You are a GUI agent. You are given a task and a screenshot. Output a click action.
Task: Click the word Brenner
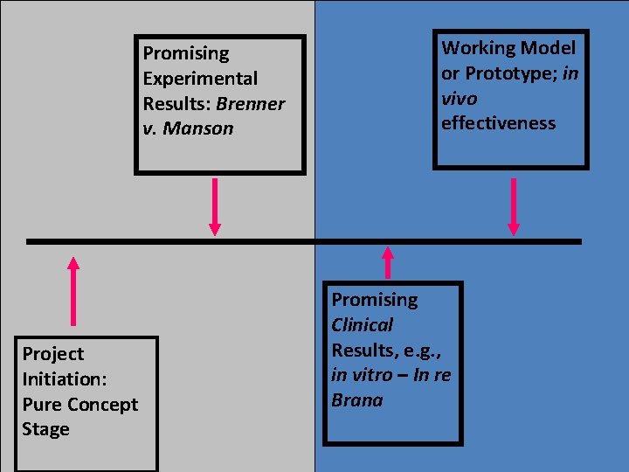250,104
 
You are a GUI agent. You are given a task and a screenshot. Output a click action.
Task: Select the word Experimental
200,79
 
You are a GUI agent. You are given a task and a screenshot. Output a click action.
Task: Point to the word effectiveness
498,123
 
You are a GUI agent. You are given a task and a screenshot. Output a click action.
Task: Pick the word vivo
460,99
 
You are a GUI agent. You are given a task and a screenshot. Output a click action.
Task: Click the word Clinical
363,325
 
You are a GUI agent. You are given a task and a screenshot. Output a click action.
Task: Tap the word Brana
356,401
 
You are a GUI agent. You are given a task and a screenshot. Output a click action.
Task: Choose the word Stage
46,430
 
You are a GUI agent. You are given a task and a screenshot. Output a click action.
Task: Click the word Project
53,354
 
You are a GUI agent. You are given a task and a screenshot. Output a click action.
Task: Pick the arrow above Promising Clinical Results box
388,263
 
